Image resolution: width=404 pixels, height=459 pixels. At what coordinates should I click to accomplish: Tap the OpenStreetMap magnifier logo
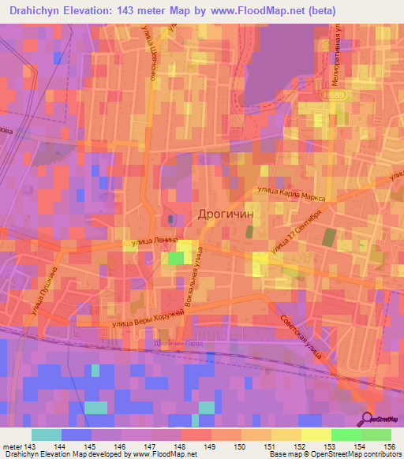click(369, 419)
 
